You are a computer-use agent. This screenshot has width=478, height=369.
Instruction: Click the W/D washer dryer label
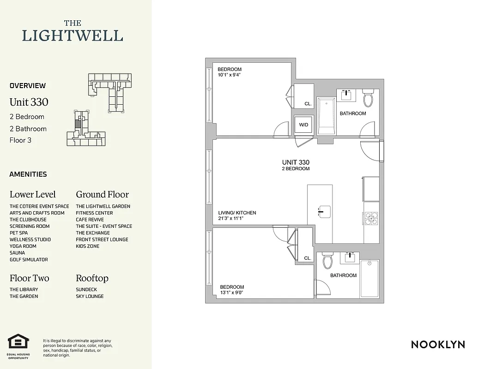303,125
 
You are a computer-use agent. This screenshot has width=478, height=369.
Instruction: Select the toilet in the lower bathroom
327,261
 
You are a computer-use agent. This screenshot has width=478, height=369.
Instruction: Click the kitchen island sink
325,211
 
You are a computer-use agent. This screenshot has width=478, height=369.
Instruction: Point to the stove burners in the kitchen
371,218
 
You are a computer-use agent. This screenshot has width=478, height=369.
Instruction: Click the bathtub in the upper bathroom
326,116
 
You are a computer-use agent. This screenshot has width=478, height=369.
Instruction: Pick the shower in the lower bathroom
369,279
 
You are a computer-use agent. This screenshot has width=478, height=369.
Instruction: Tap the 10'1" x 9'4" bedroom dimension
230,75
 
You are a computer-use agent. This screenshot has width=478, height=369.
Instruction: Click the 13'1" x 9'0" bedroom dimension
232,292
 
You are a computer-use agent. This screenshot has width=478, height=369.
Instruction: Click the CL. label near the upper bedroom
308,104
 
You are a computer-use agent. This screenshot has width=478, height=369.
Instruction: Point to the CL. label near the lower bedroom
308,259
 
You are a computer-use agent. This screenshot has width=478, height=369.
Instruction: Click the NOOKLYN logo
438,344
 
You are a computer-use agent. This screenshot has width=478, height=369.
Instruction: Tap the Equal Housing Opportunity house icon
18,342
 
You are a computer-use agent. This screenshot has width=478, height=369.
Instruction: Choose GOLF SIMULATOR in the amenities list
29,260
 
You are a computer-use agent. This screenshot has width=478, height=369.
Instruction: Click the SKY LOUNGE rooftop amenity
90,296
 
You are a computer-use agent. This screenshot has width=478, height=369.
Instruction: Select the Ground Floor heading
102,194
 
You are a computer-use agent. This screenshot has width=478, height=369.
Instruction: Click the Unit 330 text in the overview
29,102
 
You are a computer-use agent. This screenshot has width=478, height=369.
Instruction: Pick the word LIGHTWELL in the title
73,36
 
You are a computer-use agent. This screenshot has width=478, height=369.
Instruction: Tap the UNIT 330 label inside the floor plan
296,162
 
